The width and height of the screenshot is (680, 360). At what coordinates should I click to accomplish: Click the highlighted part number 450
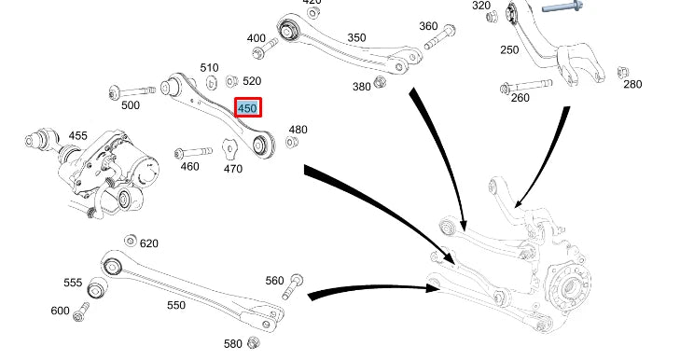coord(248,107)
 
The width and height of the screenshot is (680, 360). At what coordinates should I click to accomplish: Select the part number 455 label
coord(78,136)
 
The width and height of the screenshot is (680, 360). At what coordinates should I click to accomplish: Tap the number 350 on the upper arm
coord(356,37)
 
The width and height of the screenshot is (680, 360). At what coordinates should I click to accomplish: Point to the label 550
coord(176,305)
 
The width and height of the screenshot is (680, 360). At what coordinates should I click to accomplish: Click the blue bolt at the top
coord(562,7)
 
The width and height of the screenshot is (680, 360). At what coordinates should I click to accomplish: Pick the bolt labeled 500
coord(132,91)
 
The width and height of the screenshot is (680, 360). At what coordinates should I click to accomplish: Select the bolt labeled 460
coord(193,152)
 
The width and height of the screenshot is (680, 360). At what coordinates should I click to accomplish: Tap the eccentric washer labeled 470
coord(229,149)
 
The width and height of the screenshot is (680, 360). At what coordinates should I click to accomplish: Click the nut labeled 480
coord(291,142)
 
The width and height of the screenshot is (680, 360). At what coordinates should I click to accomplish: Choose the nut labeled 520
coord(232,81)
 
